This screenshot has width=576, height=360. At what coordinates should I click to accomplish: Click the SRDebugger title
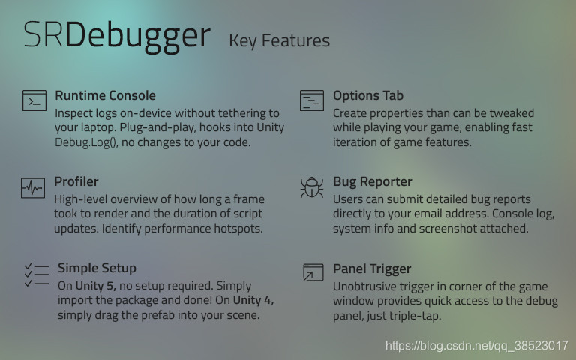115,35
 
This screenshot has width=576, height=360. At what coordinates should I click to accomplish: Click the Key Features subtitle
279,40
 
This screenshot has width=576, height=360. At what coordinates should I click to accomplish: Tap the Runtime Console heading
105,95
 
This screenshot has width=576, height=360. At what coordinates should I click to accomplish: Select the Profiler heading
76,181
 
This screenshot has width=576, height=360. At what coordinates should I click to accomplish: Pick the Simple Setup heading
97,268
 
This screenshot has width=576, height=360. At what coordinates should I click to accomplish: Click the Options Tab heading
367,95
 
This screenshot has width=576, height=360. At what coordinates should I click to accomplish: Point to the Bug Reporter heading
372,181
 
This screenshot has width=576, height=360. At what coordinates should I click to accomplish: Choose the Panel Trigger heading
372,268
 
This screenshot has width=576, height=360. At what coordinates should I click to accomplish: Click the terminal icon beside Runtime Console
34,100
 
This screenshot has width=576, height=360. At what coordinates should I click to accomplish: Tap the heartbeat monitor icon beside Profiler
33,187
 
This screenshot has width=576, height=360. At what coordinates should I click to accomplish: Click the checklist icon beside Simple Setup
36,274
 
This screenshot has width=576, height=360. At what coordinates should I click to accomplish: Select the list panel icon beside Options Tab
311,100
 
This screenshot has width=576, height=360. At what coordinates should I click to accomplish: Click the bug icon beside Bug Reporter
311,187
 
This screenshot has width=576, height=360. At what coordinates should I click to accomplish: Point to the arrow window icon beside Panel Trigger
312,273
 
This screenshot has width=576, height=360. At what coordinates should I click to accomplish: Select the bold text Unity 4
253,301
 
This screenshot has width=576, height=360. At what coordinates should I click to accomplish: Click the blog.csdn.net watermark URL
476,346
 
